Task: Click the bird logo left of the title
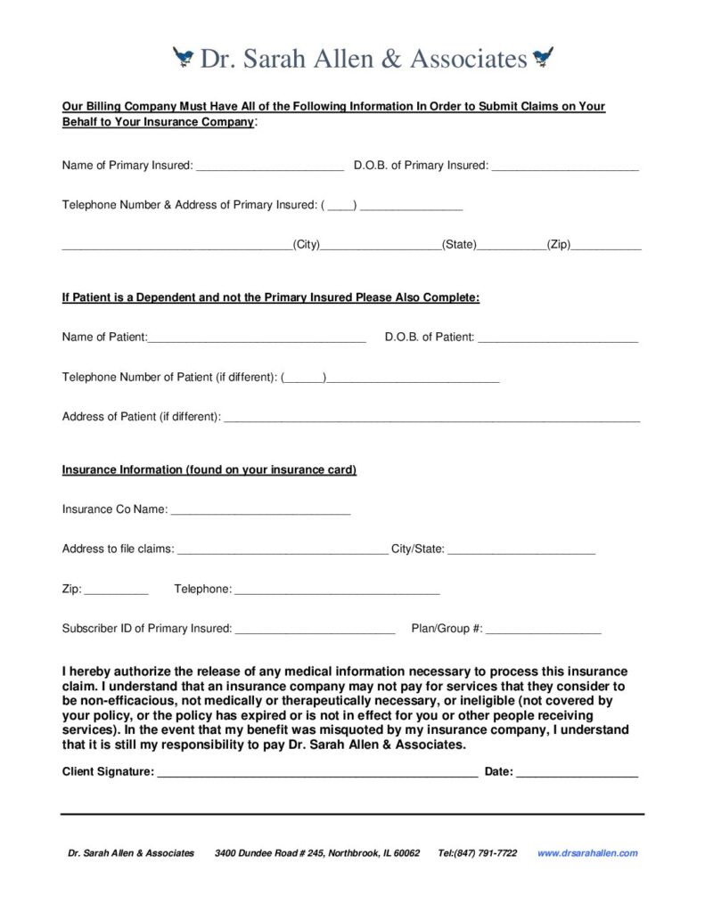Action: [184, 59]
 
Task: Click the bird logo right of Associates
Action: [543, 59]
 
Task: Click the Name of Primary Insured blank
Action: [269, 167]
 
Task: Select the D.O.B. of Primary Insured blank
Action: [564, 167]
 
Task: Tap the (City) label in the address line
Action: [307, 244]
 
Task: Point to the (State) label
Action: [460, 244]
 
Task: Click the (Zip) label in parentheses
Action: [560, 244]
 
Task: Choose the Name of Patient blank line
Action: [258, 338]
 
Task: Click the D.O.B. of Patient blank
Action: [558, 338]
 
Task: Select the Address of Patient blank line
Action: [431, 418]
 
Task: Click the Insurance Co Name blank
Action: [259, 511]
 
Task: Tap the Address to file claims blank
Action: [283, 550]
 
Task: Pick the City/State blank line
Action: [521, 550]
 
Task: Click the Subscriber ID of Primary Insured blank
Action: [314, 630]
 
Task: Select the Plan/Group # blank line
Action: [544, 630]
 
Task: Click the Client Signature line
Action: [317, 773]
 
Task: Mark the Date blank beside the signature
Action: [577, 773]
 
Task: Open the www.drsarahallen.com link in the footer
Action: [587, 853]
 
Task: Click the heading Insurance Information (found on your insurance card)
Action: [209, 470]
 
